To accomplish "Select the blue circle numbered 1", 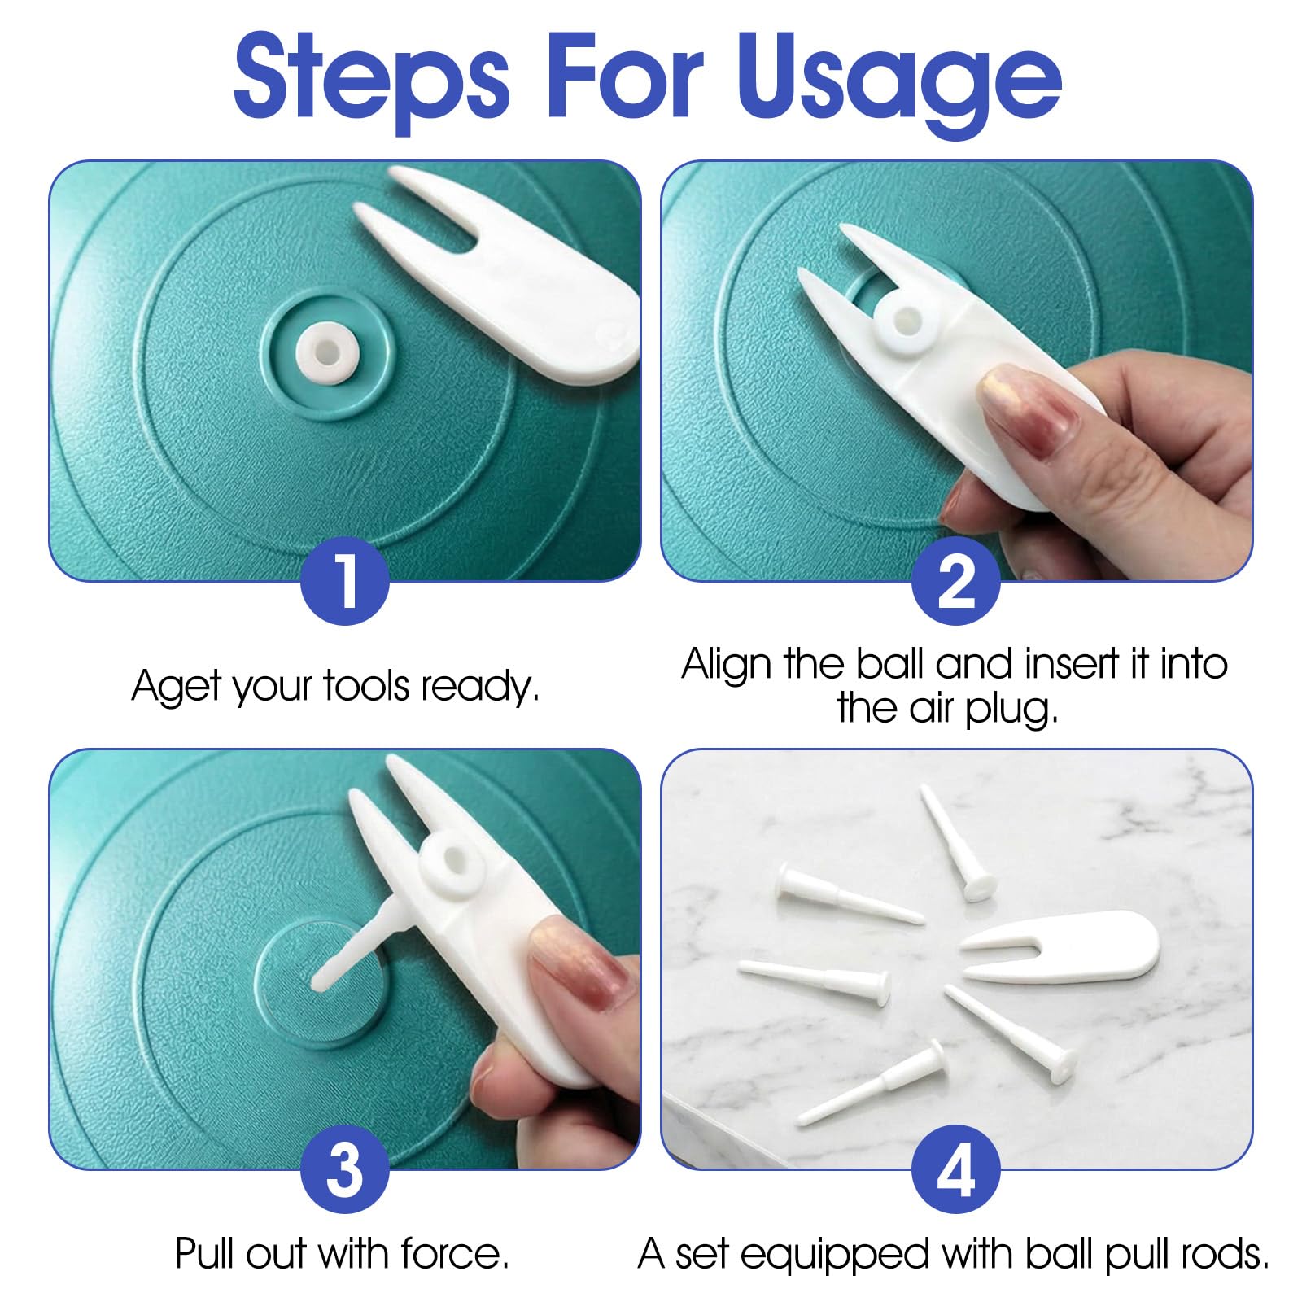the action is tap(345, 579).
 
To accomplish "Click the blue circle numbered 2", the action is tap(955, 579).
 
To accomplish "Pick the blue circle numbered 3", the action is tap(345, 1169).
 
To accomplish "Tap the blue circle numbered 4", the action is tap(955, 1169).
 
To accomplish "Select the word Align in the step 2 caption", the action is tap(726, 665).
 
